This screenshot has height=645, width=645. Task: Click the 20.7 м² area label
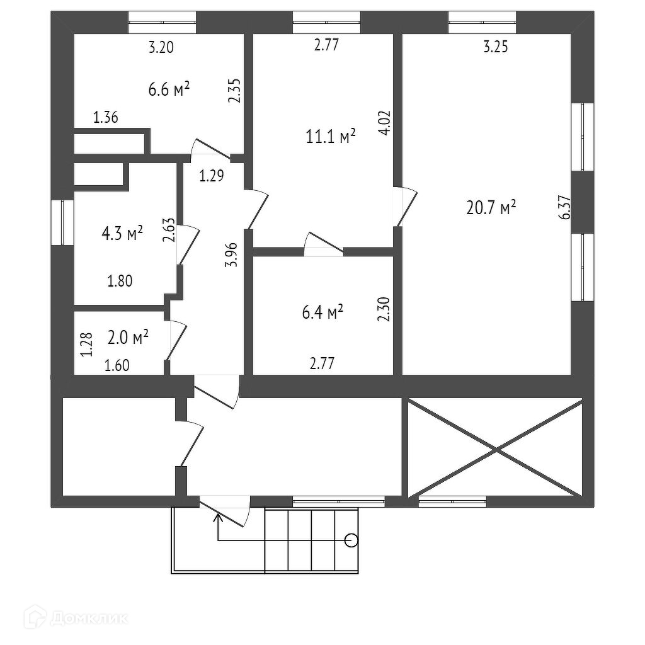click(x=491, y=207)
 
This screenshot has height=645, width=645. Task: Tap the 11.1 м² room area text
click(x=331, y=137)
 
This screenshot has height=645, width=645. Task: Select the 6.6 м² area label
click(x=169, y=89)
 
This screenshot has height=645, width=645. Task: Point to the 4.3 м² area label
click(x=122, y=234)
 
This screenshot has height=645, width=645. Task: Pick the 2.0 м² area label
click(x=128, y=338)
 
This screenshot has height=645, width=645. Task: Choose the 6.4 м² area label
click(x=322, y=312)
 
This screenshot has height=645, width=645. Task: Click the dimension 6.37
click(x=564, y=207)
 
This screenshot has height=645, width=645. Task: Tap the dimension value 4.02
click(x=385, y=123)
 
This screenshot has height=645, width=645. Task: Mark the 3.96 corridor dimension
click(x=232, y=255)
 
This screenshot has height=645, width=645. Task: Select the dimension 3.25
click(x=496, y=47)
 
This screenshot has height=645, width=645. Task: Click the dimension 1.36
click(x=106, y=117)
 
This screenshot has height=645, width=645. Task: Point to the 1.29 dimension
click(x=212, y=176)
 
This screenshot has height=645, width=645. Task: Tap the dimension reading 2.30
click(x=385, y=310)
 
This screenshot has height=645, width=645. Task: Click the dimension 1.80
click(x=120, y=282)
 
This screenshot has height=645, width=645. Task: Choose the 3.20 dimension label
click(x=161, y=47)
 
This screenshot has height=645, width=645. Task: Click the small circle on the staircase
click(x=351, y=540)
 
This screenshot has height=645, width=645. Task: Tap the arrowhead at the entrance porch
click(x=218, y=518)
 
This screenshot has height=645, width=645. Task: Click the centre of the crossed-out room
click(x=495, y=448)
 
